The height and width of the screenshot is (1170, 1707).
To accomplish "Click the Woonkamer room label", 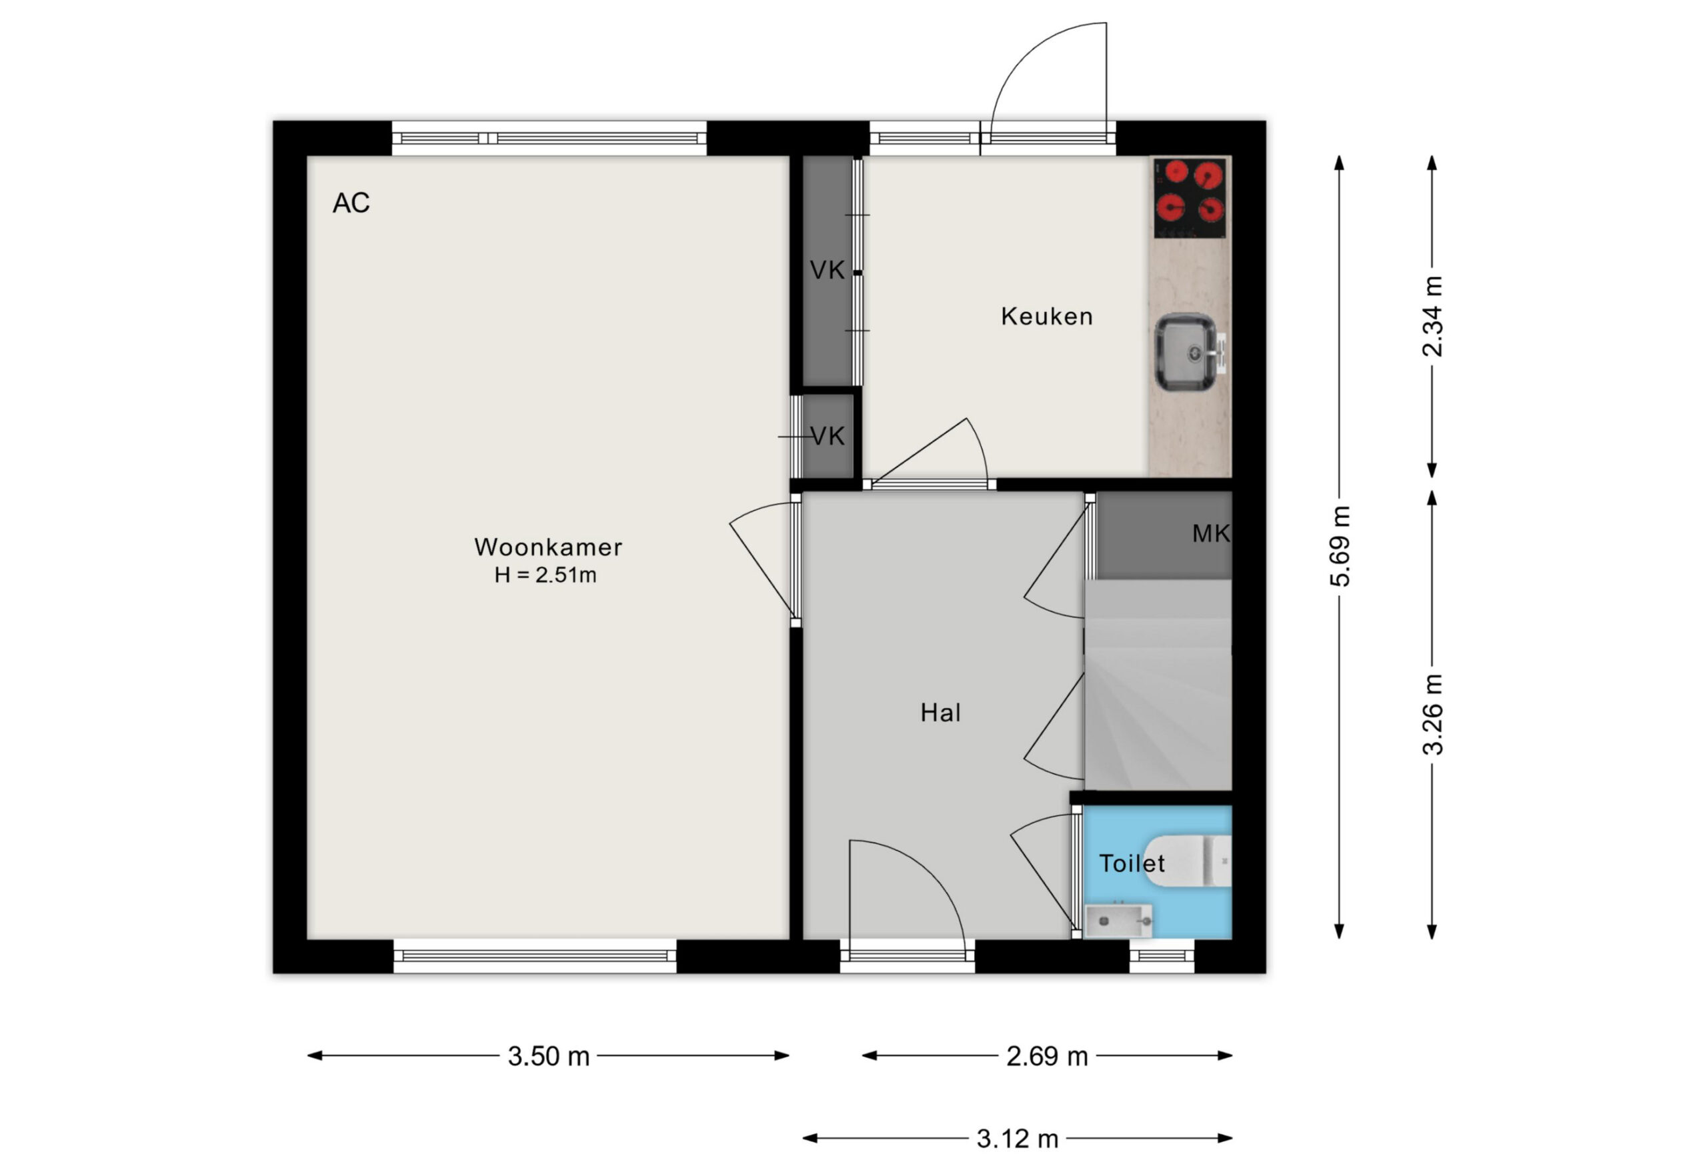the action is coord(548,547).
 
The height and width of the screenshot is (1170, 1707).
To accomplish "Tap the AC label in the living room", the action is coord(351,203).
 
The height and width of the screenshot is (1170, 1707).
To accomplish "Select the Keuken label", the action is coord(1047,317).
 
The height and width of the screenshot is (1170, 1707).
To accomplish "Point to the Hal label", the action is coord(940,713).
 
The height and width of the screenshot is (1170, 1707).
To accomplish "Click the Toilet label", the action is coord(1132,863).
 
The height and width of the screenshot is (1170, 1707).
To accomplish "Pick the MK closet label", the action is coord(1210,533).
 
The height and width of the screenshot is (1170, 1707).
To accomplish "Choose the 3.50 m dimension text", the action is coord(549,1056).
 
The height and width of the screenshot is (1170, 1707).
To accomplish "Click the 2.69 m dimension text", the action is coord(1047,1056).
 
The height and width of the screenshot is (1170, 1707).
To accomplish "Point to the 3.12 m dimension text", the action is coord(1018,1139).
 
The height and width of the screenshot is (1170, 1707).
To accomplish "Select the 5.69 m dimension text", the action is coord(1340,547).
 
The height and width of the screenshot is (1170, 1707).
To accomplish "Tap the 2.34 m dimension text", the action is coord(1432,317).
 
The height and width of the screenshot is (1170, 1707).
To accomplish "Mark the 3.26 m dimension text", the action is coord(1432,715).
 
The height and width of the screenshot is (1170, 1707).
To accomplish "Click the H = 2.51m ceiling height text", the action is coord(545,575).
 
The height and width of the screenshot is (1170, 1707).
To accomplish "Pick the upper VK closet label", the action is coord(827,270).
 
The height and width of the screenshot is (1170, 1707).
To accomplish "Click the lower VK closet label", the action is coord(827,437).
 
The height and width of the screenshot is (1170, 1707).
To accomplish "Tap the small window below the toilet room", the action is coord(1162,955).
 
